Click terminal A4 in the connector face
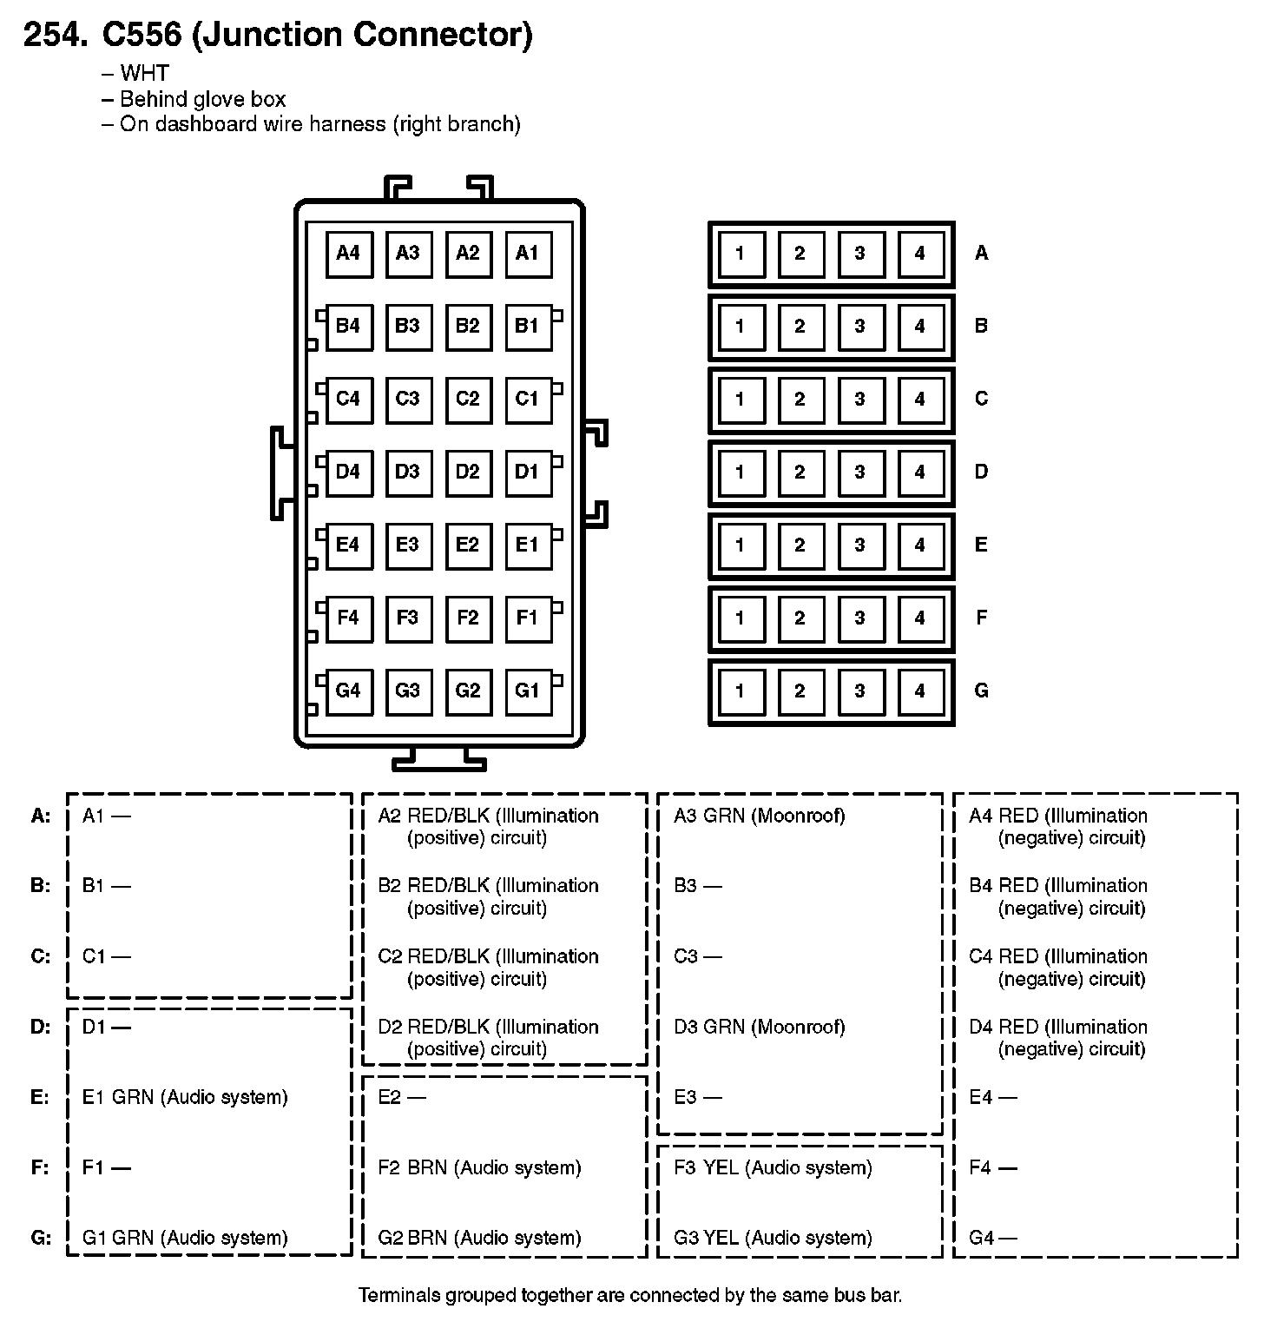349,254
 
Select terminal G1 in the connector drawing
528,691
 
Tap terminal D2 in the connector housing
468,473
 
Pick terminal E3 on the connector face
408,545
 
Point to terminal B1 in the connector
528,327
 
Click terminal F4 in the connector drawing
349,618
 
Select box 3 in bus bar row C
859,400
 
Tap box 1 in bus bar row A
740,254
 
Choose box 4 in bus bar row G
920,691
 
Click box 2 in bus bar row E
800,545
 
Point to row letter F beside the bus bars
982,618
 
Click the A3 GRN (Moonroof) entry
759,816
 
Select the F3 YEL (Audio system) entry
773,1168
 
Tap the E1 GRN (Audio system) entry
185,1098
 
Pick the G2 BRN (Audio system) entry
479,1239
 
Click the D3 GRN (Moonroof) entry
759,1028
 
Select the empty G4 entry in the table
992,1239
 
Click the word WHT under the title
144,74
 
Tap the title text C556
142,35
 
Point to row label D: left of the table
41,1028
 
